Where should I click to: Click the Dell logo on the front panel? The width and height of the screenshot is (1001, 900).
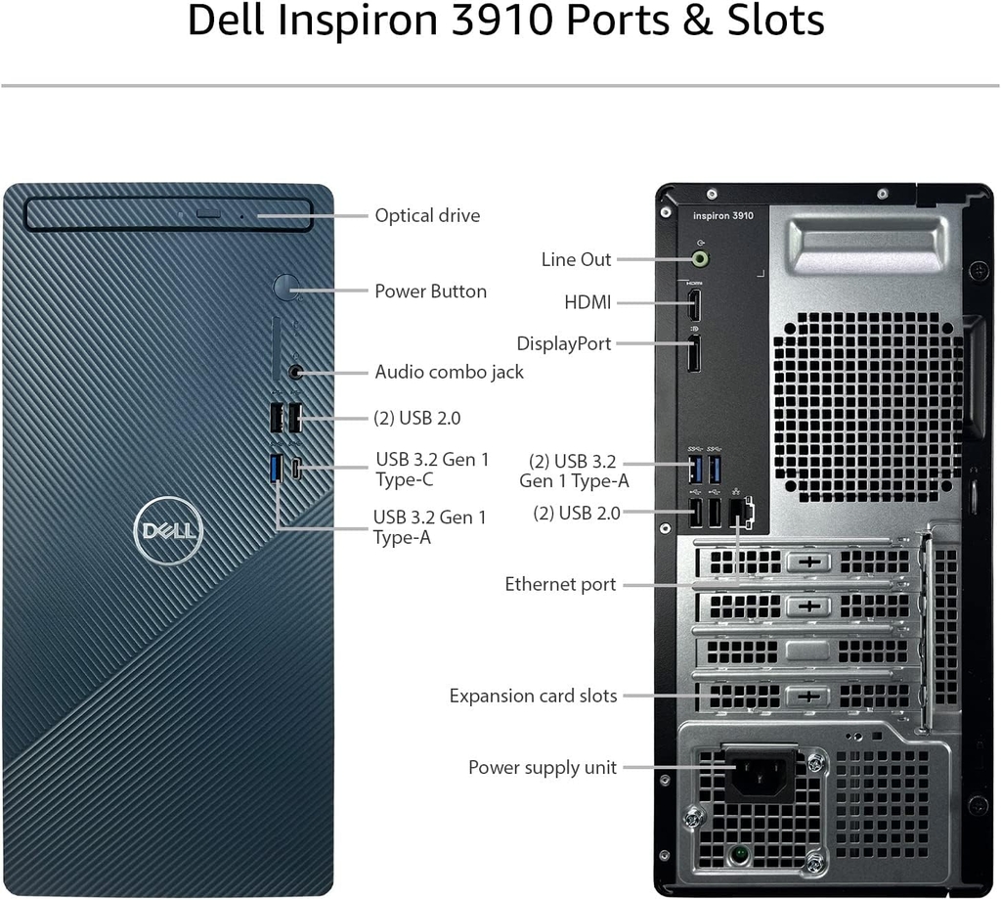coord(168,530)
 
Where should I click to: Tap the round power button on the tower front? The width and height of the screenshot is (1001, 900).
coord(286,287)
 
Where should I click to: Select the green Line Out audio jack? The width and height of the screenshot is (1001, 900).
coord(701,258)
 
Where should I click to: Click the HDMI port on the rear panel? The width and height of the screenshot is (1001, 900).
coord(694,305)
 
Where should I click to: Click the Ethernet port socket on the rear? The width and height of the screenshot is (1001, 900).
coord(740,513)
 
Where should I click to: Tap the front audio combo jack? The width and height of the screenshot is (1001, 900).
coord(295,371)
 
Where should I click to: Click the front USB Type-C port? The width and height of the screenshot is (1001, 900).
coord(296,469)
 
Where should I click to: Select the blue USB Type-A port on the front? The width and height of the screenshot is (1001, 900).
coord(277,469)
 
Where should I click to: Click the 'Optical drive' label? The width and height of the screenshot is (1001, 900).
coord(427,215)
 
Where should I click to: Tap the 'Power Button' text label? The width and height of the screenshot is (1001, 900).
coord(430,292)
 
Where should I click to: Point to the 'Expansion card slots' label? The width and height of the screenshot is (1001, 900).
coord(533,696)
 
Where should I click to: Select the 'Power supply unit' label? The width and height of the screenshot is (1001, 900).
coord(543,767)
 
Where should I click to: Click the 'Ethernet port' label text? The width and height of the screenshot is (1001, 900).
coord(560,584)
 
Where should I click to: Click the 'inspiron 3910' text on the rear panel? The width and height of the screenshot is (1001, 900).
coord(723,216)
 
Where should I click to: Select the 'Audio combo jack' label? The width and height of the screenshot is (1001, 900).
coord(449,372)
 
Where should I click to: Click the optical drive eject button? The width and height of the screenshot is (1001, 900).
coord(207,212)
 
